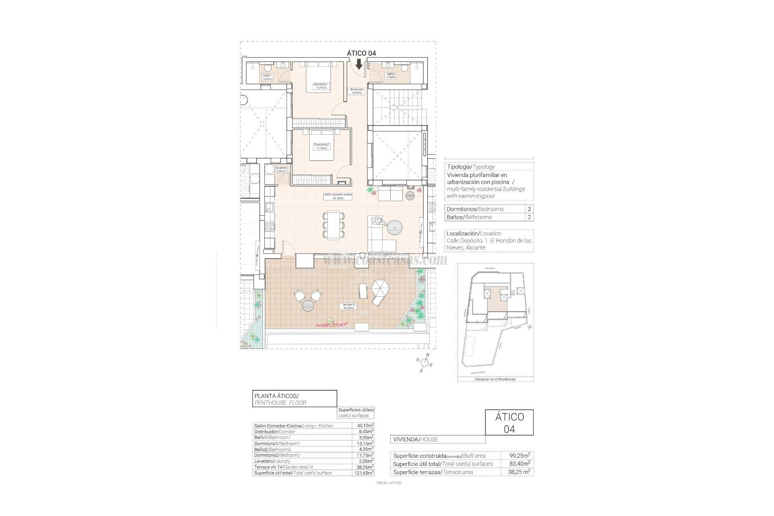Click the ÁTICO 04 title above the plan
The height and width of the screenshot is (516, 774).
tap(361, 53)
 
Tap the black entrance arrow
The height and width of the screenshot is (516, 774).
tap(359, 64)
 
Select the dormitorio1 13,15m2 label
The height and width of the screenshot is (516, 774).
tap(321, 86)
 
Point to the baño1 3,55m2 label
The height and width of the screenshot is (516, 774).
tap(268, 77)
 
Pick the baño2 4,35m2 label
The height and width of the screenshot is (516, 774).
tap(391, 75)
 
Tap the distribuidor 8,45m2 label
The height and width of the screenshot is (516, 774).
tap(357, 91)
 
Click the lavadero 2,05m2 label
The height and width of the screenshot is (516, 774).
tap(281, 169)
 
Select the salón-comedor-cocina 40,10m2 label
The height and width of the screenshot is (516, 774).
tap(338, 196)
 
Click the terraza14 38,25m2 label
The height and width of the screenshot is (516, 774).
tap(348, 306)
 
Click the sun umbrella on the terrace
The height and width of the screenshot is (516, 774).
tap(381, 289)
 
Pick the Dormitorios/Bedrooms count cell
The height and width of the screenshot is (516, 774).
tap(529, 209)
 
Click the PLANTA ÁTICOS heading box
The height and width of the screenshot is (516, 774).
tap(294, 399)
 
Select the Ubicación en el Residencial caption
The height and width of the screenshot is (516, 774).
tap(495, 379)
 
